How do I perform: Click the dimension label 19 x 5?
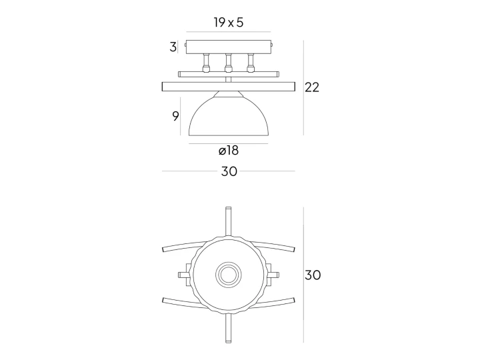coord(229,23)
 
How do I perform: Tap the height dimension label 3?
coord(173,47)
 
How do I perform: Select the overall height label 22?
coord(312,87)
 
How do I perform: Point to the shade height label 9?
coord(175,116)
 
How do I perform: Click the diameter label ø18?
coord(229,150)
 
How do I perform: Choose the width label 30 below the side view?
coord(229,171)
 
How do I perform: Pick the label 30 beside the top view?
coord(313,275)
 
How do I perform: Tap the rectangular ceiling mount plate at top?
coord(229,47)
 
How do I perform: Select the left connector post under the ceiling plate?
coord(207,63)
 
